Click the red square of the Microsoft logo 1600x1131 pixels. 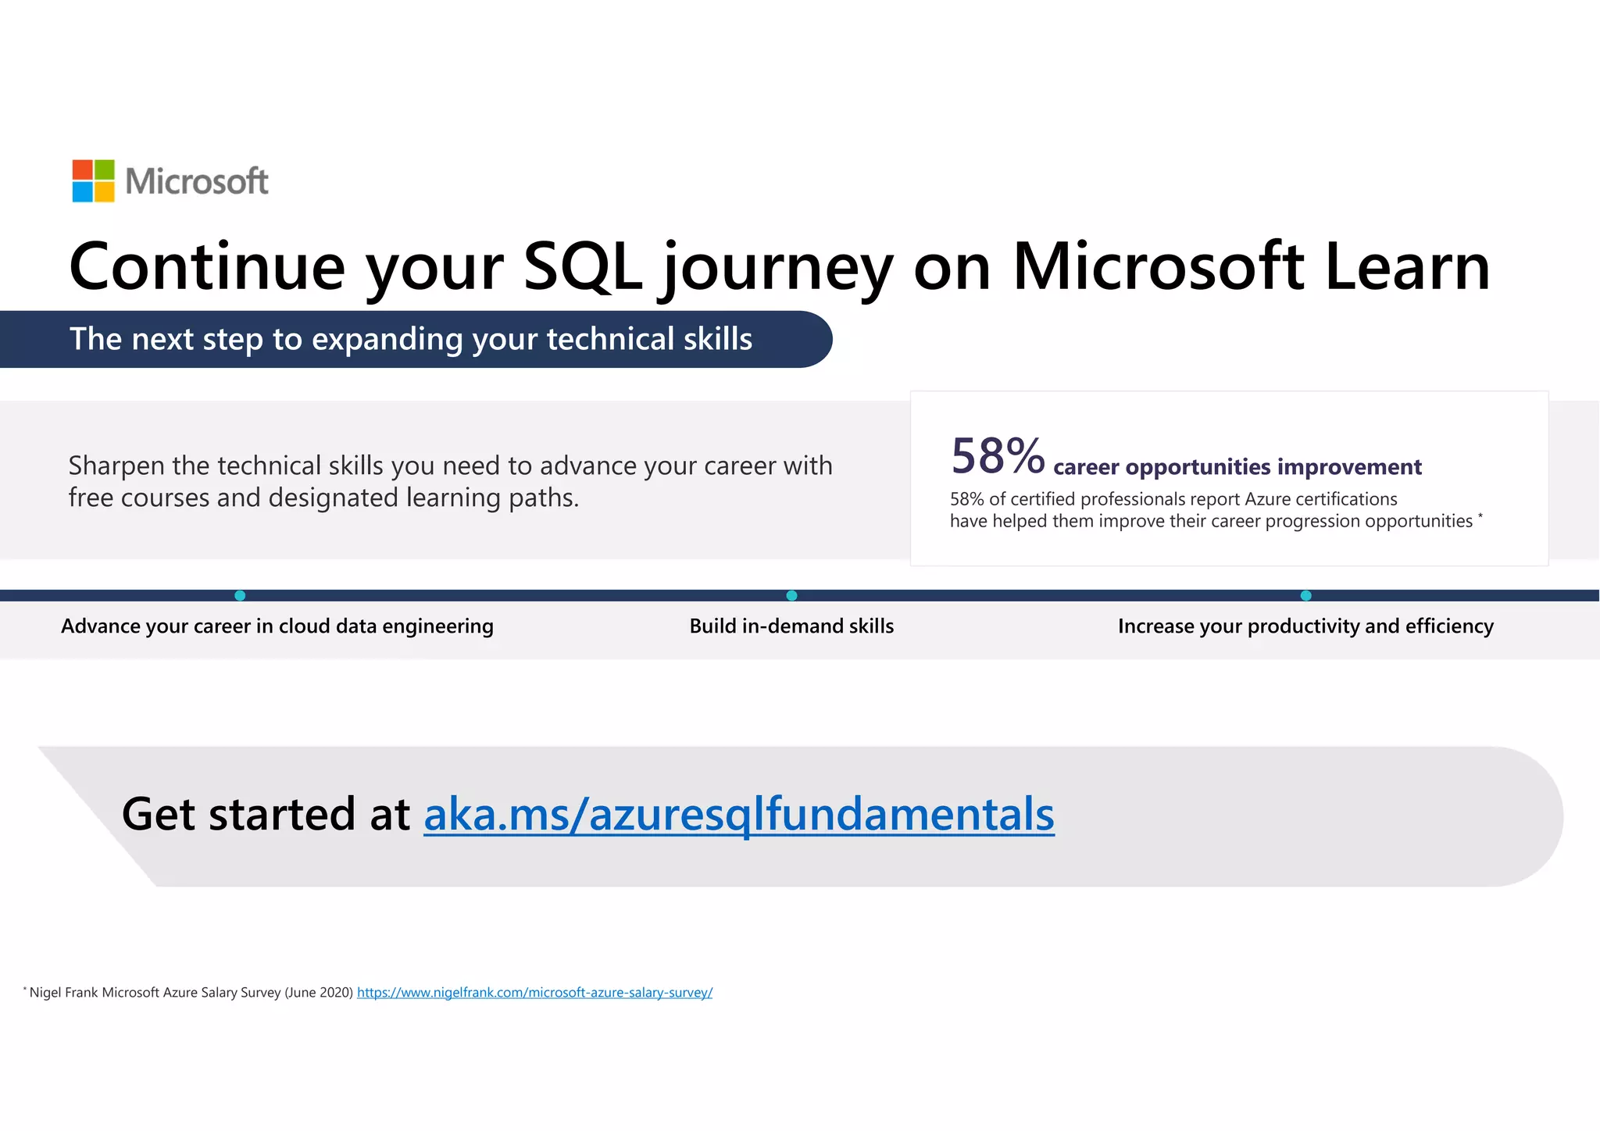click(83, 170)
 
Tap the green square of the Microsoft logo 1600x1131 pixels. click(104, 170)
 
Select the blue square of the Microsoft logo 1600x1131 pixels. click(83, 191)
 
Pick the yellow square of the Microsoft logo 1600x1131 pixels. click(104, 191)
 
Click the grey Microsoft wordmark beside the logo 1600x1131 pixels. click(197, 181)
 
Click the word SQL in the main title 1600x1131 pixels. click(582, 266)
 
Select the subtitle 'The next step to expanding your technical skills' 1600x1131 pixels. click(411, 339)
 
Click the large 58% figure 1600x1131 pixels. click(998, 456)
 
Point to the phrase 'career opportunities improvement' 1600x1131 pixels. click(1237, 467)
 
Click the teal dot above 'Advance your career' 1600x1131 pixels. click(240, 595)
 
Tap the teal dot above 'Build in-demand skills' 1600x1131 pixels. click(791, 595)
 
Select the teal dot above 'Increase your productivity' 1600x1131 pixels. click(1305, 595)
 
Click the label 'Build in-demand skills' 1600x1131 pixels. click(791, 626)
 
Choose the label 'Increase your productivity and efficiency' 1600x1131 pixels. click(1305, 626)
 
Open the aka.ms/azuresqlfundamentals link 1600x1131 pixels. click(738, 814)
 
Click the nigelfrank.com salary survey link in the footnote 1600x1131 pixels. click(534, 993)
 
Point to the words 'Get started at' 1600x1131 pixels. click(266, 814)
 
